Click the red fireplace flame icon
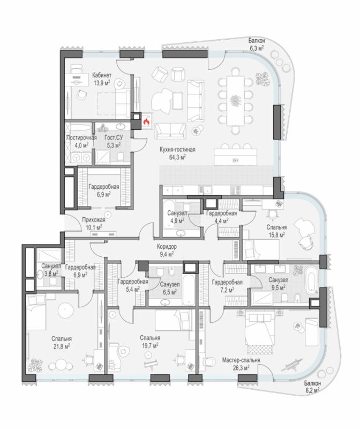pos(146,121)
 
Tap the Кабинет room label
pos(102,75)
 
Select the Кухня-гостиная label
pos(177,150)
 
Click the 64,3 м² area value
pos(177,157)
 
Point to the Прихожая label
pos(94,219)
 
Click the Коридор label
pos(167,247)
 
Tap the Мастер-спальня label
pos(241,360)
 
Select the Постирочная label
pos(81,138)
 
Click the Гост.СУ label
pos(114,138)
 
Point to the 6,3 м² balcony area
pos(256,48)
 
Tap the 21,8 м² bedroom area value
pos(62,346)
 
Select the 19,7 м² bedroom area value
pos(150,346)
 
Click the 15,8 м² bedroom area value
pos(276,235)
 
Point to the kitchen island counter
pos(236,157)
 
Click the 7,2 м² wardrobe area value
pos(227,290)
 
